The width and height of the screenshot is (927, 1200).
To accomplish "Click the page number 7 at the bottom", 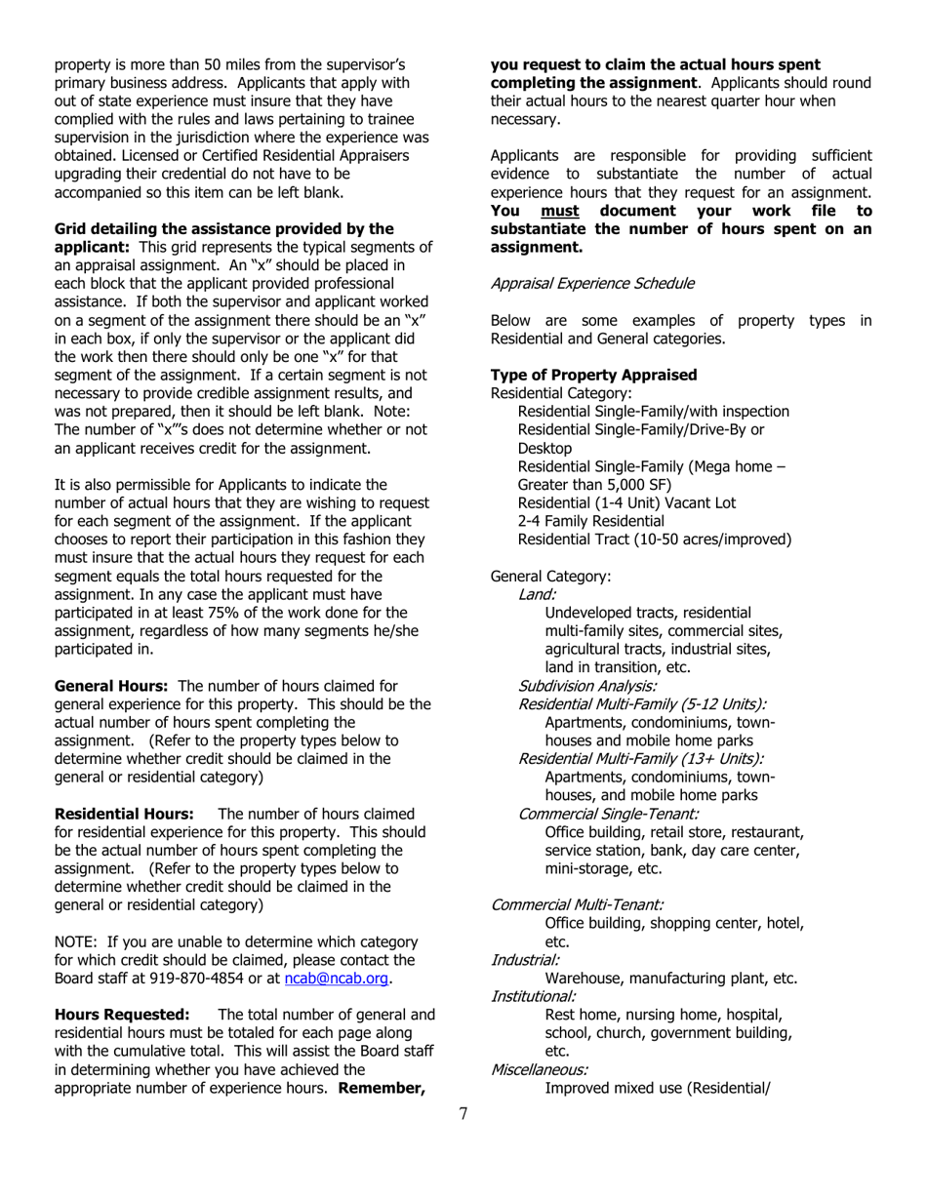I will coord(463,1114).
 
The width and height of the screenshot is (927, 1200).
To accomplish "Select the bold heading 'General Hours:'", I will coord(111,686).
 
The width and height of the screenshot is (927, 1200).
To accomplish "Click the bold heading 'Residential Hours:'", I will coord(125,814).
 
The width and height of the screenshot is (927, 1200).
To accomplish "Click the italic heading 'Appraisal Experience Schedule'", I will coord(592,283).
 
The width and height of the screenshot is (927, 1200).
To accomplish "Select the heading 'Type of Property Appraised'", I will coord(593,375).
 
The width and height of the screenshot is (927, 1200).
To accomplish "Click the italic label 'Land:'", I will coord(538,594).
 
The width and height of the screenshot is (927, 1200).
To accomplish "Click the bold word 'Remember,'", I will coord(382,1088).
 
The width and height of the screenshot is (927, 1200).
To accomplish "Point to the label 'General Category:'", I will coord(550,576).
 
